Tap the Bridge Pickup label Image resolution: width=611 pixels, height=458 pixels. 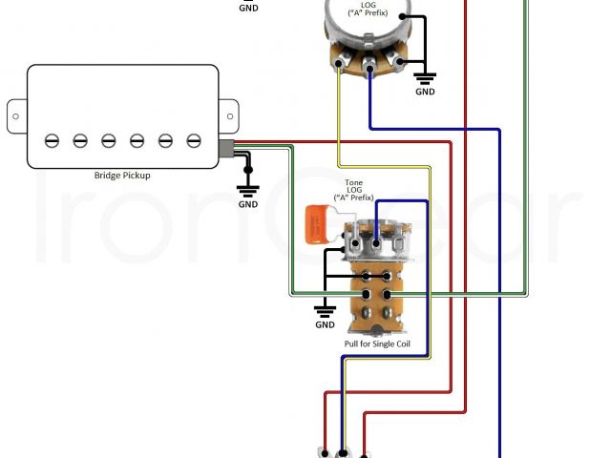121,176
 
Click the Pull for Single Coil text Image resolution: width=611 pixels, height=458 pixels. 377,343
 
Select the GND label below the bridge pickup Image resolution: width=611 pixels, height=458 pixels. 248,204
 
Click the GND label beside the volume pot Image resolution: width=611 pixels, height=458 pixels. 425,92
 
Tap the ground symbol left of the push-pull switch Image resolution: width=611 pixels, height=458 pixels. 326,308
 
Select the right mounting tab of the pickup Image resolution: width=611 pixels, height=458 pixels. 228,113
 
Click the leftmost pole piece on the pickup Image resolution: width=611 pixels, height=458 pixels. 52,140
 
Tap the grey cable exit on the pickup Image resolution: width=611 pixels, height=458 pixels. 226,148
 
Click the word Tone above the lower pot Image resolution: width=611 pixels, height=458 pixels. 353,181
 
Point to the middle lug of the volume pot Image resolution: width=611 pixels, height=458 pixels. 368,65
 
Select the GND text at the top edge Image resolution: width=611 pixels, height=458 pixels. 248,8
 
